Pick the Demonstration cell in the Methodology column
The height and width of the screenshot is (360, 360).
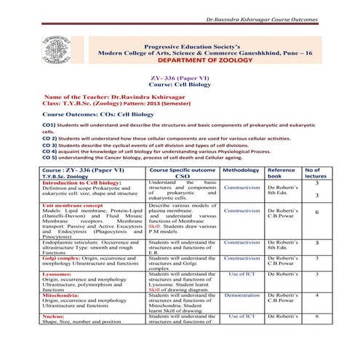click(241, 295)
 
